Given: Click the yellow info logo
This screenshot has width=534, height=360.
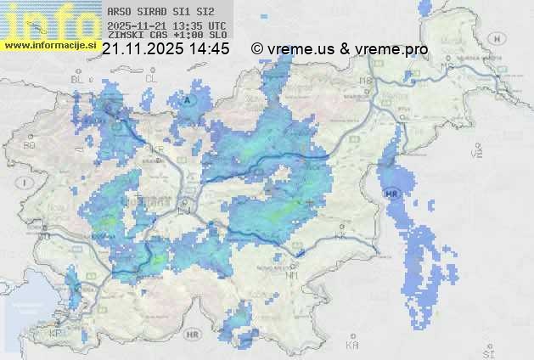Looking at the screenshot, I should pos(47,19).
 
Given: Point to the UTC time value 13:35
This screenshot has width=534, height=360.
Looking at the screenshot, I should pos(190,25).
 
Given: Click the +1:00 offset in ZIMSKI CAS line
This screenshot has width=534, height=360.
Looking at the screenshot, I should pos(188,36).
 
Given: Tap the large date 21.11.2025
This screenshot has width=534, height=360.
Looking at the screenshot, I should pos(143,50).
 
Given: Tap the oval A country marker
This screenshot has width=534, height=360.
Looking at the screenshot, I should pos(188,100).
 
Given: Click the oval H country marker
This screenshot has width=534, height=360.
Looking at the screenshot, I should pos(502,38).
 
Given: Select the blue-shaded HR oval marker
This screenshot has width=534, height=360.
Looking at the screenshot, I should pos(392,194).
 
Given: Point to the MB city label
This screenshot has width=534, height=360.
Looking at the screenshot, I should pos(367,82).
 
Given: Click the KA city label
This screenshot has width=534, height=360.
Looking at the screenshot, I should pos(352,346).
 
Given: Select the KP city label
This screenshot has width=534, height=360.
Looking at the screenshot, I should pos(56,334).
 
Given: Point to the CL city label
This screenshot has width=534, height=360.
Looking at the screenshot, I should pos(152,78).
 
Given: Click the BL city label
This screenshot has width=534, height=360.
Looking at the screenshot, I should pos(79,79).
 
